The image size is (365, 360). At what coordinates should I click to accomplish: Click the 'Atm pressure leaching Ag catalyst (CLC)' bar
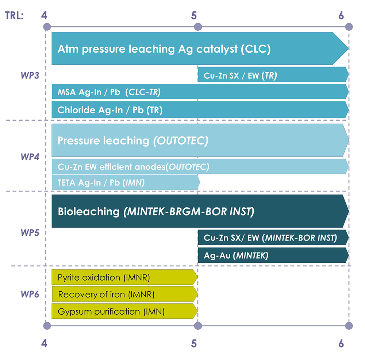pos(200,49)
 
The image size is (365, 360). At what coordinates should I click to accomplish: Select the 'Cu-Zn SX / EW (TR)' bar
pos(273,75)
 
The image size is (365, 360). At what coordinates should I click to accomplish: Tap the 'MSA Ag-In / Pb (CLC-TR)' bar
pos(200,92)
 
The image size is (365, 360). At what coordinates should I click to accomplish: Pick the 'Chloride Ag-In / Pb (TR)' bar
pos(200,110)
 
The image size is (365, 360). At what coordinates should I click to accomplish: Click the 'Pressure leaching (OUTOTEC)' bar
pos(200,140)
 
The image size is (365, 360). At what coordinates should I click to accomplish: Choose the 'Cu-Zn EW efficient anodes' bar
pos(200,166)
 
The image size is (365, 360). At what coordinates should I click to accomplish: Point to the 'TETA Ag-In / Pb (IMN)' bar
pos(126,182)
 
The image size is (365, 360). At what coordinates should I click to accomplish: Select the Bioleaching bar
pos(200,211)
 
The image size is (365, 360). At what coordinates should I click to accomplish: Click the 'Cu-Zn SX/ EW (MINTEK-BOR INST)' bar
pos(273,237)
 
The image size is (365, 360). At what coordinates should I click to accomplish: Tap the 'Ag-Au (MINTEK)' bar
pos(273,255)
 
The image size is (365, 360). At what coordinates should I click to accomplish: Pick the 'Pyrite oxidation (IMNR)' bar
pos(125,277)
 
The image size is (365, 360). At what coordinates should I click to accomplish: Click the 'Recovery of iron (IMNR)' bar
pos(125,294)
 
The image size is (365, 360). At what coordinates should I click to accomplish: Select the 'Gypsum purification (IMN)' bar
pos(125,311)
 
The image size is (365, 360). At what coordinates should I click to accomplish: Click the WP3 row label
pos(30,75)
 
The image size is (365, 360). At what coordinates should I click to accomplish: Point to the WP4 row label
pos(30,157)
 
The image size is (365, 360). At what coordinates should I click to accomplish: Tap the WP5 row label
pos(30,232)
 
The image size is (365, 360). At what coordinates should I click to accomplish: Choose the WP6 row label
pos(30,294)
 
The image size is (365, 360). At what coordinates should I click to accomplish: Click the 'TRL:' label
pos(15,16)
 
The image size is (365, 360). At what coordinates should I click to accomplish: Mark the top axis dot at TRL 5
pos(198,27)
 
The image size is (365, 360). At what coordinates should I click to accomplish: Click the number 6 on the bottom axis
pos(341,344)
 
